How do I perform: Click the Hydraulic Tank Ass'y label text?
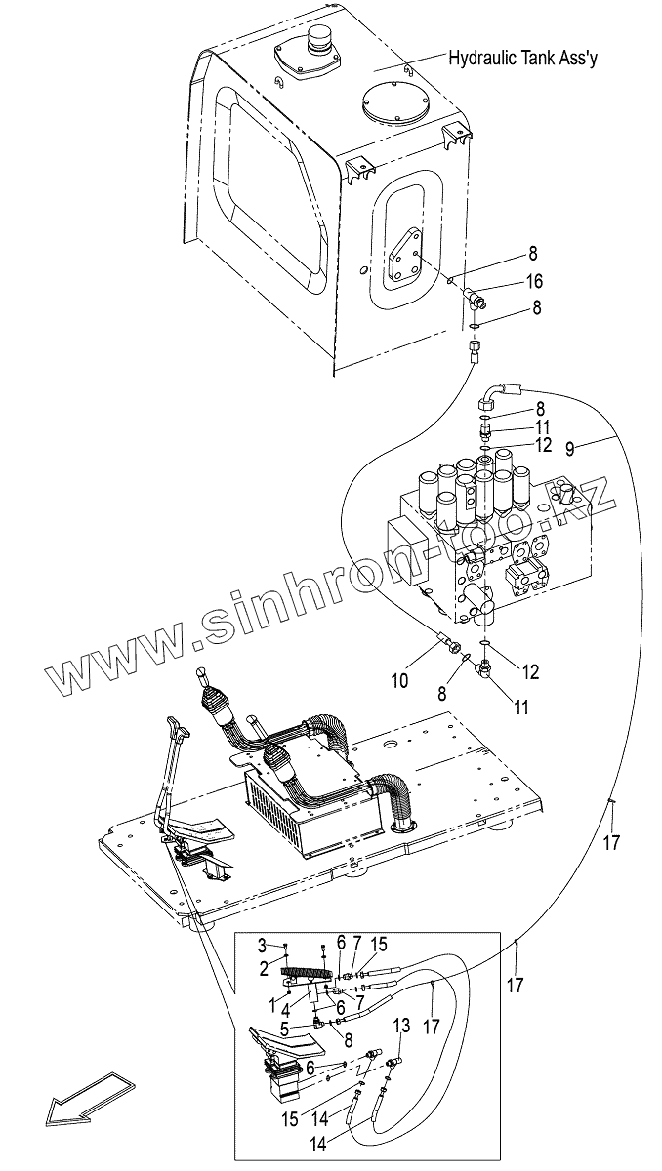click(522, 59)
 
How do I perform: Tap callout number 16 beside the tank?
click(533, 282)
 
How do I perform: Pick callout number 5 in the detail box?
click(284, 1028)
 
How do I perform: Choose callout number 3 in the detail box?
click(262, 946)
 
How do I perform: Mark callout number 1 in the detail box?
click(271, 1002)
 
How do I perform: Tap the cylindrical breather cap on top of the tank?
click(320, 42)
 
